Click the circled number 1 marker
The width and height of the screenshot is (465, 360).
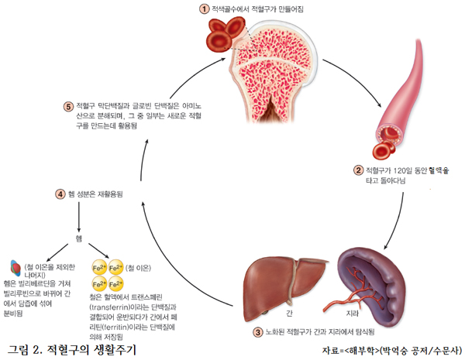point(205,9)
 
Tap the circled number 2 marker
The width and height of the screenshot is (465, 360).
point(358,170)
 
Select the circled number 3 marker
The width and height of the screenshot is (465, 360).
point(258,332)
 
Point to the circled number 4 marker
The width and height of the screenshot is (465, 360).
point(60,193)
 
